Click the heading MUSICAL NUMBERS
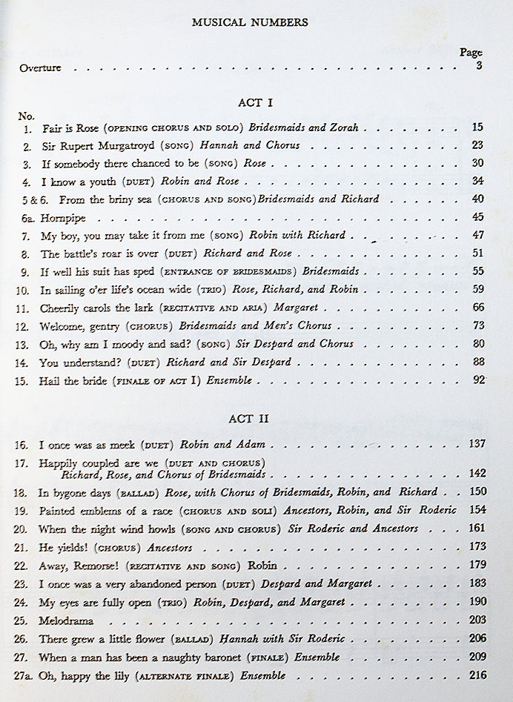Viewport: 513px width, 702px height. coord(250,22)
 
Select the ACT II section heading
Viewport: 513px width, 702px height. coord(249,419)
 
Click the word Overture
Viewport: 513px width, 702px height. coord(41,68)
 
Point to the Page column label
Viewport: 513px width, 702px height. coord(471,53)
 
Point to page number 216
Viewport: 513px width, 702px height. coord(477,675)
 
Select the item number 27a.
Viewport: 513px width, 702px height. coord(27,675)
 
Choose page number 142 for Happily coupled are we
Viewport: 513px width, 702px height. coord(477,473)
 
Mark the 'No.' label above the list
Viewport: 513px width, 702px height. coord(27,116)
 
